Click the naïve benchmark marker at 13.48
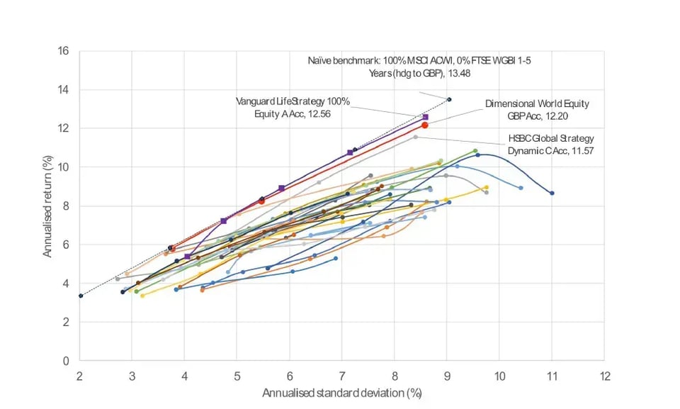448,99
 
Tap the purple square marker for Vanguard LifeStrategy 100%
425,117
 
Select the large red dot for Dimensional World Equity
425,125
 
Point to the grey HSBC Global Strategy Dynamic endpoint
416,137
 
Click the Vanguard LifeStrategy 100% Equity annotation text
294,106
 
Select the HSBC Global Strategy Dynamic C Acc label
551,144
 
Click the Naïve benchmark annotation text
419,67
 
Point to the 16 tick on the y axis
64,51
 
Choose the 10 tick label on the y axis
64,167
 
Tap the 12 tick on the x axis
603,374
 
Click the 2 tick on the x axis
79,374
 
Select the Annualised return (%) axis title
47,206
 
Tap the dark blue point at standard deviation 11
552,193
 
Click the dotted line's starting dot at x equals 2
80,296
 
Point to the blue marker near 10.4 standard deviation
521,188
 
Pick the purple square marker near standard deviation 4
187,257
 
